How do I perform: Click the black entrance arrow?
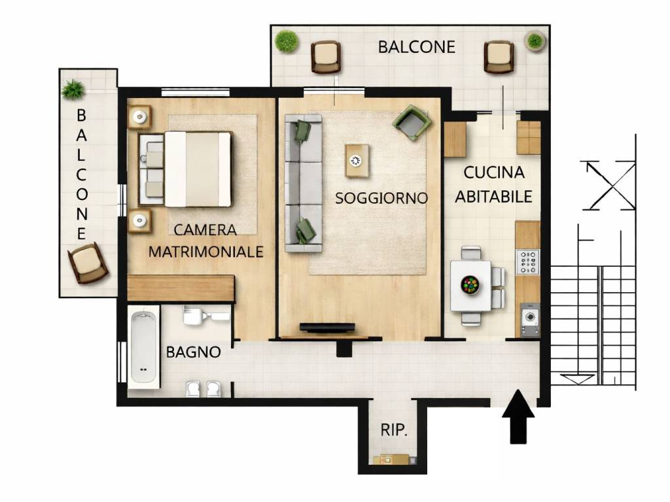click(518, 416)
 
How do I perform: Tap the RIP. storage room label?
click(394, 430)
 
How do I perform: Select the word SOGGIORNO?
click(381, 198)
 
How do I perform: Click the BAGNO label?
click(193, 352)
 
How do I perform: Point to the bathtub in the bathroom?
click(143, 347)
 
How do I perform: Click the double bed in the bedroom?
click(185, 169)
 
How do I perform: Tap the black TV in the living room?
click(327, 327)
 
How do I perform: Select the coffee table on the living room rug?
click(357, 161)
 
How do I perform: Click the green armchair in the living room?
click(412, 122)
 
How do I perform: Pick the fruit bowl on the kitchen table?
click(470, 285)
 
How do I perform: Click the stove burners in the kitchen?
click(528, 262)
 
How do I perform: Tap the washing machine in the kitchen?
click(530, 319)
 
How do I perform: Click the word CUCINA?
click(494, 173)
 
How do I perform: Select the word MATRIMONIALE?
click(205, 252)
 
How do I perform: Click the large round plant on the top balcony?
click(287, 41)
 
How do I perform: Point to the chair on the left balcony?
click(88, 263)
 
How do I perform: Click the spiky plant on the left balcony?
click(73, 89)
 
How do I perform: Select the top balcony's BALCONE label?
click(417, 47)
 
